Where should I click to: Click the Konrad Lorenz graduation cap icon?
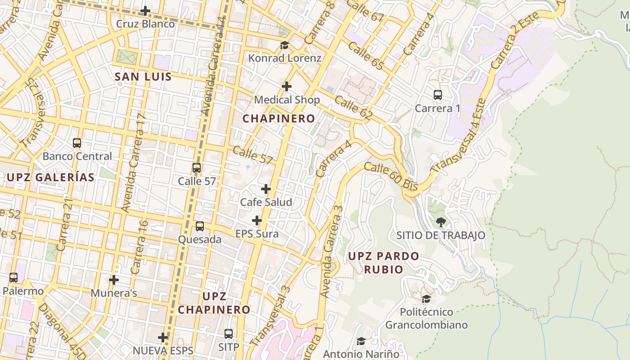(284, 45)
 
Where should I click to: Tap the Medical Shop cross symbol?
(287, 86)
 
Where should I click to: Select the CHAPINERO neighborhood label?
(279, 118)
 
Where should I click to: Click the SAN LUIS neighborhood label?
(143, 76)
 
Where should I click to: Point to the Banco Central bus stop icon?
(77, 143)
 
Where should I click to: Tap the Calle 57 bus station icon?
(197, 168)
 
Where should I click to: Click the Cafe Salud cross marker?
(266, 189)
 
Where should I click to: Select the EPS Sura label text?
(257, 234)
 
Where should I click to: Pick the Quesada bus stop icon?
(200, 226)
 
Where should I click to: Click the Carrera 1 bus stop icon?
(438, 95)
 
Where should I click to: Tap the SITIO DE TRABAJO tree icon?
(441, 222)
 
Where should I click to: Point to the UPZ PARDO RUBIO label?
(383, 263)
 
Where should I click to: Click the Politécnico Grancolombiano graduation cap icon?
(426, 299)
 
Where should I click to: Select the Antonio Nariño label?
(361, 354)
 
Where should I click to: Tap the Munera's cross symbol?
(114, 280)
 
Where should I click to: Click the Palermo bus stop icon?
(13, 278)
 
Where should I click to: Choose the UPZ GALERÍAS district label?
(50, 177)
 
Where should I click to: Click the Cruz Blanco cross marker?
(145, 11)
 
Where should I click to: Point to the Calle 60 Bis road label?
(391, 177)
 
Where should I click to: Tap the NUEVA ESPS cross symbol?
(163, 337)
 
